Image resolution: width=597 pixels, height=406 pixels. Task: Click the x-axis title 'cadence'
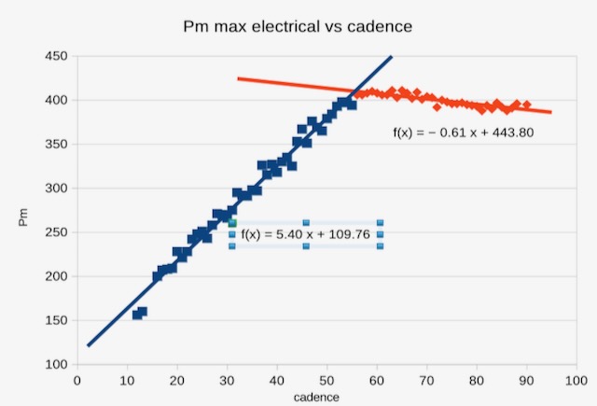pos(316,397)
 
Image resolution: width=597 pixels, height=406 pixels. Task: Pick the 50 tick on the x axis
pos(326,380)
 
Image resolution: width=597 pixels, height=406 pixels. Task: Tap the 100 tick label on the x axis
pos(576,380)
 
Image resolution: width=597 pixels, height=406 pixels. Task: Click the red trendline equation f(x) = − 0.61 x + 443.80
pos(464,133)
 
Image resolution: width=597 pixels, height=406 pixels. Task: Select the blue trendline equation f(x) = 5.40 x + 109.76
pos(306,234)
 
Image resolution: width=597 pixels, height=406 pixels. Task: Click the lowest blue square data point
pos(137,315)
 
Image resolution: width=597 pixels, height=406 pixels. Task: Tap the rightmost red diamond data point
pos(527,105)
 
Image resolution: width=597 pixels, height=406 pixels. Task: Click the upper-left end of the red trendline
pos(238,78)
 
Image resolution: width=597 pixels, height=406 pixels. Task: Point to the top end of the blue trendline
pos(392,56)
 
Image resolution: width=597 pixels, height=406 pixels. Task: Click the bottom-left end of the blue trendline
pos(88,345)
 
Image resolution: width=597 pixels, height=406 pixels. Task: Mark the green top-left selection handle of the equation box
pos(232,223)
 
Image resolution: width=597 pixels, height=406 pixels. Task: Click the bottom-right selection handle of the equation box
pos(380,245)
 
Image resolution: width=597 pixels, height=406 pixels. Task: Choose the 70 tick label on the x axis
pos(426,380)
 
